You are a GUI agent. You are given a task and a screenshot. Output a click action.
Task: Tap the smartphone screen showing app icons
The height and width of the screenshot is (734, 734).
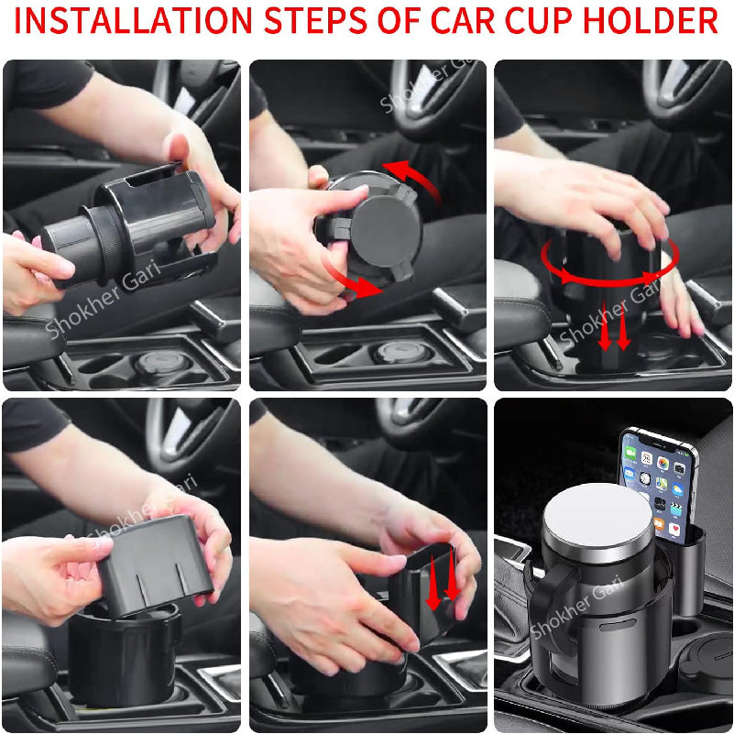pyautogui.click(x=653, y=481)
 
